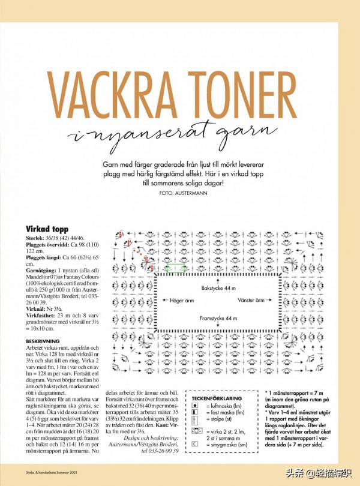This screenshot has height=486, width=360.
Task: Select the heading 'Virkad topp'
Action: pos(47,229)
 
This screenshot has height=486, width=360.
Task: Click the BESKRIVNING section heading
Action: pos(42,340)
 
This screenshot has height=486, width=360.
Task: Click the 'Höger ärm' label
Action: pos(181,300)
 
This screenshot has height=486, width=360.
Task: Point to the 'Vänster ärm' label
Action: pos(251,300)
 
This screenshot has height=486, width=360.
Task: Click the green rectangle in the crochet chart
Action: pos(175,269)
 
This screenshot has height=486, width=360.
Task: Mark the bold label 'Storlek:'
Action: pos(35,238)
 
